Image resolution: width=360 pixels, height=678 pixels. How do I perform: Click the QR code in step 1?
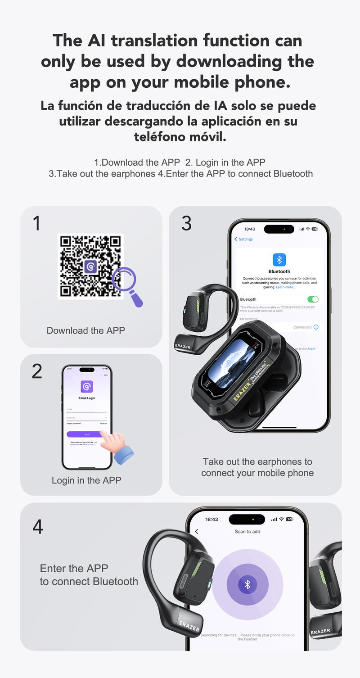(x=90, y=266)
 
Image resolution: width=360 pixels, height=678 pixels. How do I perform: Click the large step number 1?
(x=36, y=224)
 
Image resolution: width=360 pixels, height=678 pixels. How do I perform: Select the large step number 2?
(x=37, y=371)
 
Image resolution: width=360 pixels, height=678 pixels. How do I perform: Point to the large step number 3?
(x=186, y=223)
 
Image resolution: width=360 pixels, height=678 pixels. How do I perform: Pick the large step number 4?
(x=38, y=527)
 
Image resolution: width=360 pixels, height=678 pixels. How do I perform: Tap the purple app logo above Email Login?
(x=87, y=386)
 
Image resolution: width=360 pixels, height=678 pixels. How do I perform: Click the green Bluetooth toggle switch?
(x=312, y=299)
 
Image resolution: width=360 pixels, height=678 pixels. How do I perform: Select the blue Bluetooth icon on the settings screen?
(x=279, y=260)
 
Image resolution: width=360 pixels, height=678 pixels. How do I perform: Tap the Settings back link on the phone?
(x=244, y=240)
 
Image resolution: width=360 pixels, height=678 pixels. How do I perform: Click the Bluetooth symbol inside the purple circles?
(x=247, y=584)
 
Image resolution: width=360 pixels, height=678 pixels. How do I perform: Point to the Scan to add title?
(x=247, y=532)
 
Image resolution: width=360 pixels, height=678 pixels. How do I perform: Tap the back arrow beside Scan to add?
(x=197, y=532)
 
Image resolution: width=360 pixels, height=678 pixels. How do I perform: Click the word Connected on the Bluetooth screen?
(x=302, y=327)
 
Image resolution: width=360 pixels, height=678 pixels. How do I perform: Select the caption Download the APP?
(x=85, y=330)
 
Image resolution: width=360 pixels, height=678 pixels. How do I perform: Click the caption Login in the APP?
(x=86, y=480)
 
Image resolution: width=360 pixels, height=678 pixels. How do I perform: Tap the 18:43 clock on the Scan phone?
(x=211, y=520)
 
